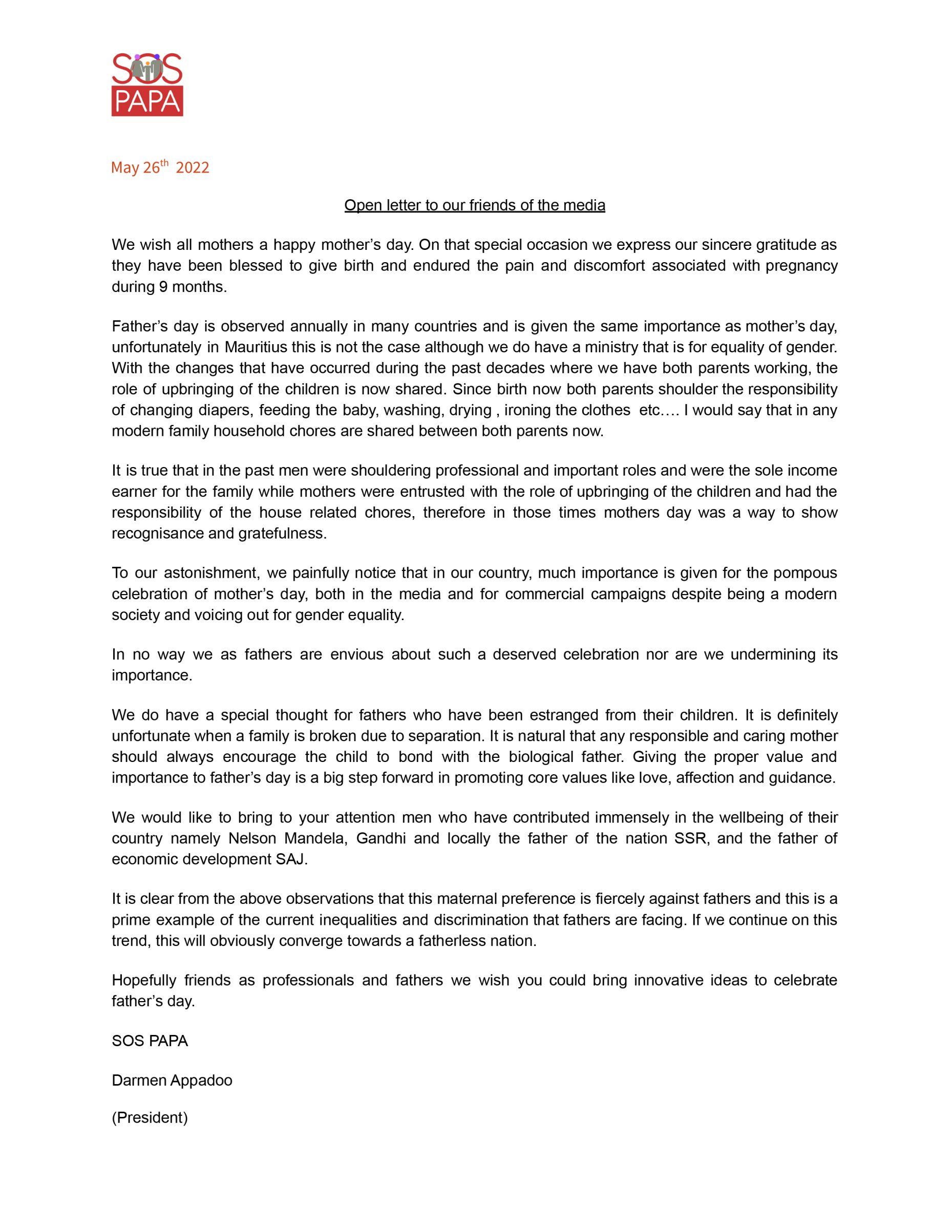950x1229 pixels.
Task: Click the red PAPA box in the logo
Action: pos(147,101)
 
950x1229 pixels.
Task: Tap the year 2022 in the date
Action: pos(193,167)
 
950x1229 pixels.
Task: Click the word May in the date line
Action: pos(125,167)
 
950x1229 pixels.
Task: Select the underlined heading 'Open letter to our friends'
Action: pos(474,205)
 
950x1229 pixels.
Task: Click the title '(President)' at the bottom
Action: pos(150,1117)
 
